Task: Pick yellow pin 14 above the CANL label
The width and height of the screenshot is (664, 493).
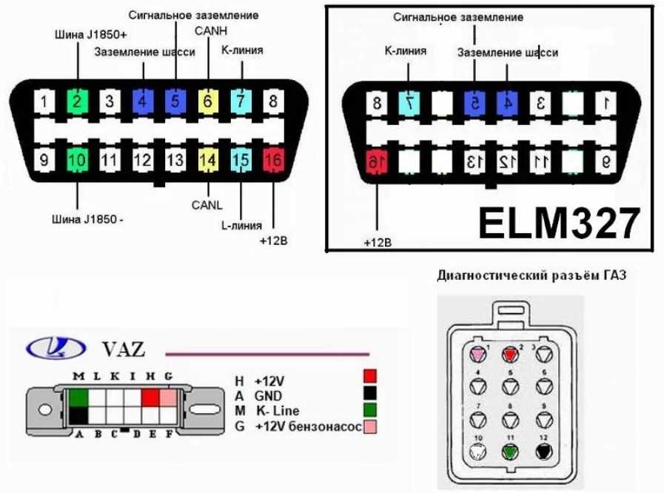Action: (x=208, y=158)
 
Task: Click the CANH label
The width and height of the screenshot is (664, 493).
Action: (x=209, y=32)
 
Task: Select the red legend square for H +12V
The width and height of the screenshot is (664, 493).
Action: (x=371, y=378)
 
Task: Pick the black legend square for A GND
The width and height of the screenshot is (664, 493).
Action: (x=371, y=395)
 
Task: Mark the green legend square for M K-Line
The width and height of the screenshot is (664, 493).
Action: (x=371, y=411)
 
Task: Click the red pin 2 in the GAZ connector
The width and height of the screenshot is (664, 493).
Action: (x=510, y=353)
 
